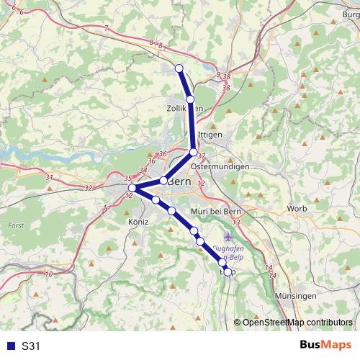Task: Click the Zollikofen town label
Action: tap(184, 107)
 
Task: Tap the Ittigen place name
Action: tap(210, 135)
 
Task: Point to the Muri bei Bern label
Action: tap(215, 211)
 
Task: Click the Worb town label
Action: tap(297, 208)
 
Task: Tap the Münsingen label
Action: tap(296, 296)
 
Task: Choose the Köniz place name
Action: tap(136, 222)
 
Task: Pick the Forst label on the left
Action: tap(16, 225)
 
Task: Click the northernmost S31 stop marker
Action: tap(179, 68)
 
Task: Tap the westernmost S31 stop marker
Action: tap(132, 188)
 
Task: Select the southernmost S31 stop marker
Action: tap(228, 271)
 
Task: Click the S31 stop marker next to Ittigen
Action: tap(193, 152)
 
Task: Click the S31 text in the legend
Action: tap(31, 346)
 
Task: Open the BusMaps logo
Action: tap(326, 345)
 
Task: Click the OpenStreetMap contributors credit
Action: tap(297, 322)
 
